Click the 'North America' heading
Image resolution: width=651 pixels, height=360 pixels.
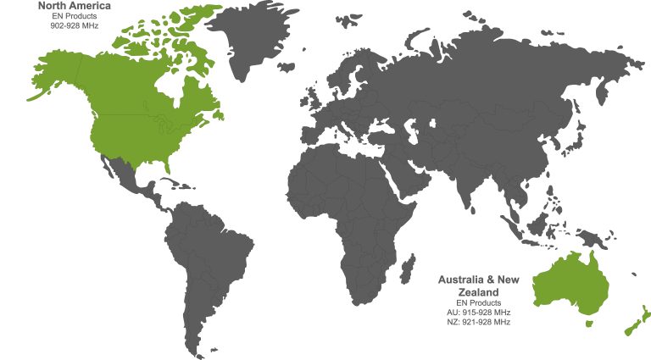(x=74, y=6)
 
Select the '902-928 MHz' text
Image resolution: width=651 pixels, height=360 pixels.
(x=74, y=25)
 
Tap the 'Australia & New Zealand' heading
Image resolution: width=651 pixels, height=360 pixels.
(x=479, y=285)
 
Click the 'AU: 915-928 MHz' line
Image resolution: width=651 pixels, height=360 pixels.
(x=479, y=313)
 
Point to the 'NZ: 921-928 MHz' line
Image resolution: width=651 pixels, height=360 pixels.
(x=479, y=322)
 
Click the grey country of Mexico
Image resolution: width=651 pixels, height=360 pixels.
(x=127, y=174)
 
